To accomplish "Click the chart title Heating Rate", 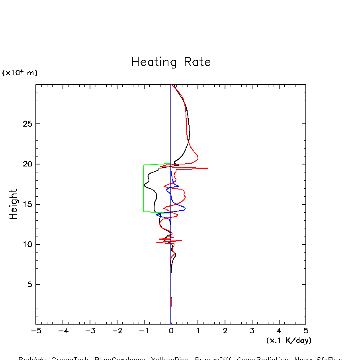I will (171, 62).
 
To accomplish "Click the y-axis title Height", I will (14, 204).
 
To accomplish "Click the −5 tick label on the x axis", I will (36, 331).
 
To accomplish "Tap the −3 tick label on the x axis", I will (90, 331).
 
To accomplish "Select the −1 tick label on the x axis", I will (143, 331).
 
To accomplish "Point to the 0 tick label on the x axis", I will (171, 331).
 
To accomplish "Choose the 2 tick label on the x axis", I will (225, 331).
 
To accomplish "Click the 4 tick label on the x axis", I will (279, 331).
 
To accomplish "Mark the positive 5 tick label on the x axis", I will (306, 331).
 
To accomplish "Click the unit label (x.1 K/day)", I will (289, 340).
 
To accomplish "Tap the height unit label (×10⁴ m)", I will (20, 73).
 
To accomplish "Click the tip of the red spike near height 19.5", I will (207, 168).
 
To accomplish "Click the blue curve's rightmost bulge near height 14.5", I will (185, 208).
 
